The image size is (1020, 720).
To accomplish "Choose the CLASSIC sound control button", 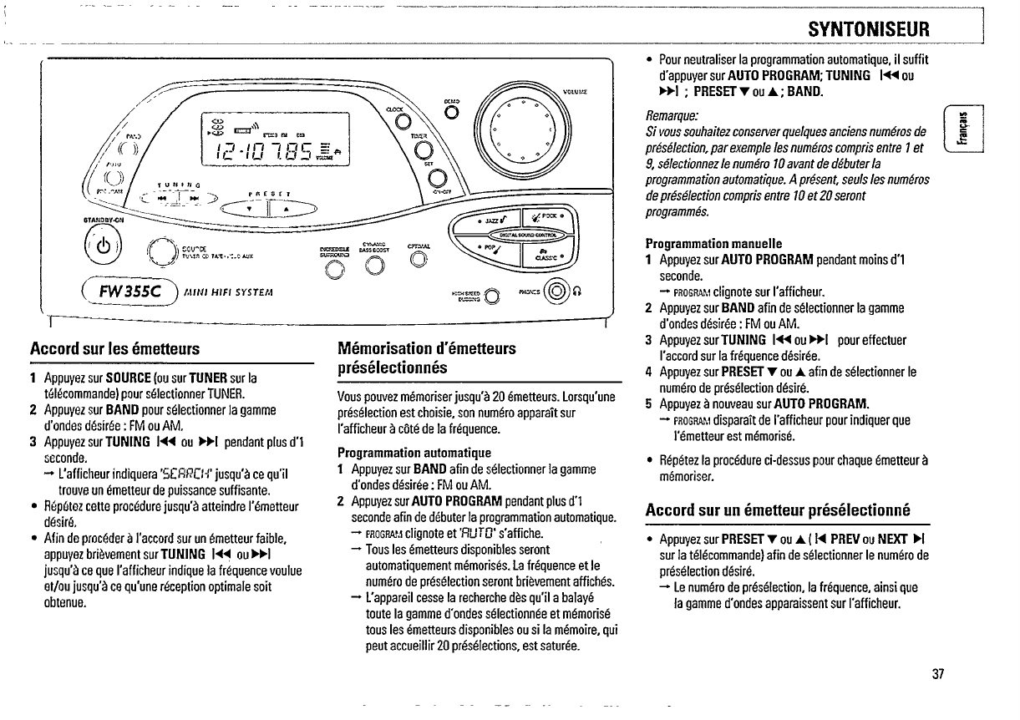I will tap(548, 253).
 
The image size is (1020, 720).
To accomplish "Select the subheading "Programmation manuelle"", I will tap(714, 243).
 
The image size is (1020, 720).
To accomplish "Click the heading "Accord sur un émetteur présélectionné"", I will tap(778, 510).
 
